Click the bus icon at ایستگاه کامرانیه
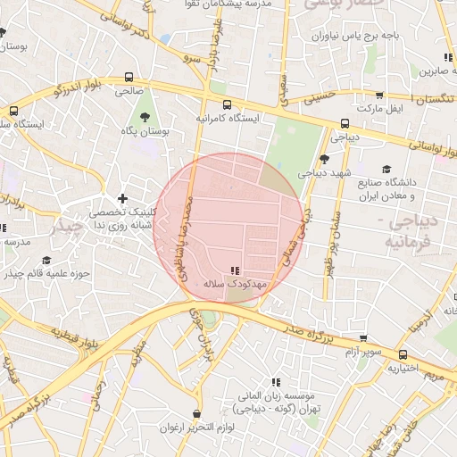[227, 104]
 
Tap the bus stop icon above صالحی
[129, 77]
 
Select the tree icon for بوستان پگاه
[145, 116]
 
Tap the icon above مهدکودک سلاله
[235, 270]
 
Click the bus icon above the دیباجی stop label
[345, 124]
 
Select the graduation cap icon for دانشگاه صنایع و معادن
[386, 170]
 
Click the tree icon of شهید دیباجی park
[323, 159]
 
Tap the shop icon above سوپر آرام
[363, 338]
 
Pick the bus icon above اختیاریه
[403, 354]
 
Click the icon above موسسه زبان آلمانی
[275, 381]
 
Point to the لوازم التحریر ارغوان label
[196, 428]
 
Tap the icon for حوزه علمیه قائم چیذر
[46, 261]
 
